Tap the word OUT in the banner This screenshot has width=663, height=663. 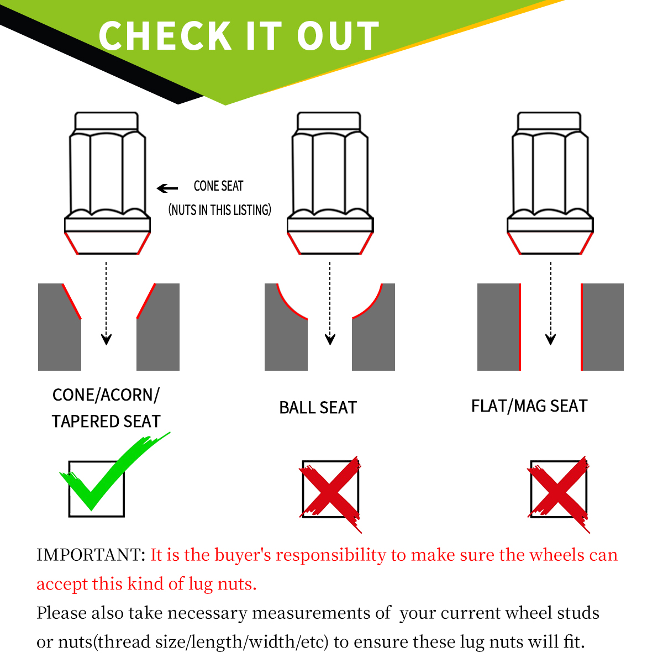(338, 36)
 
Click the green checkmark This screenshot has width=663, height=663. (114, 471)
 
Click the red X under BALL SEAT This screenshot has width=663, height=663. (330, 494)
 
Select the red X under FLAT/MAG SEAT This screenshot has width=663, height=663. (559, 494)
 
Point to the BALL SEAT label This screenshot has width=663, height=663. (318, 408)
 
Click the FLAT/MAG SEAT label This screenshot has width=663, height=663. (529, 406)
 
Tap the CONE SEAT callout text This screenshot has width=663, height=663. (218, 186)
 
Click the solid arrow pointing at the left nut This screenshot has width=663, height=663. (167, 188)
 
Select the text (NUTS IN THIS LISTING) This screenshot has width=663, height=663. (220, 210)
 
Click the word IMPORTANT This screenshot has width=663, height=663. (91, 555)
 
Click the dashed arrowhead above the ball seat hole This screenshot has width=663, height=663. (330, 339)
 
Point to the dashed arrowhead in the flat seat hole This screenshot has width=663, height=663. (550, 339)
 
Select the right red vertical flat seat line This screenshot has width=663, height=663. (582, 327)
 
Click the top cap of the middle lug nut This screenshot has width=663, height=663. (329, 120)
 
